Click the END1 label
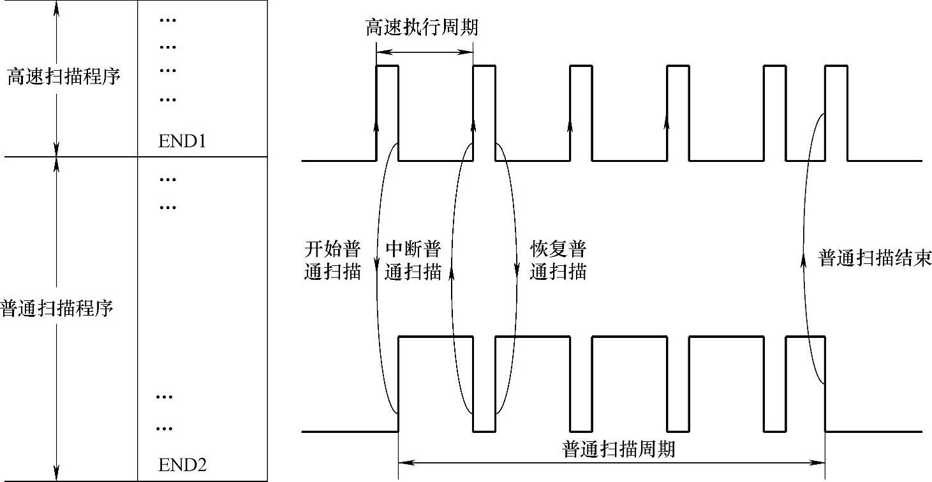[x=182, y=142]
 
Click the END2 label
[x=182, y=465]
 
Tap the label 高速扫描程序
[x=64, y=78]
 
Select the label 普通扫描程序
[x=57, y=309]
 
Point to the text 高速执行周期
[x=422, y=28]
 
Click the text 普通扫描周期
[x=618, y=449]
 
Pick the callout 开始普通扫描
[x=332, y=260]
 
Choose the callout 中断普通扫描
[x=413, y=260]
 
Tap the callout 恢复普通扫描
[x=558, y=260]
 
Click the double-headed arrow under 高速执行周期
[x=425, y=53]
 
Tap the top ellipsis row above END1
[x=167, y=20]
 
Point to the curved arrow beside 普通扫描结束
[x=808, y=255]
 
